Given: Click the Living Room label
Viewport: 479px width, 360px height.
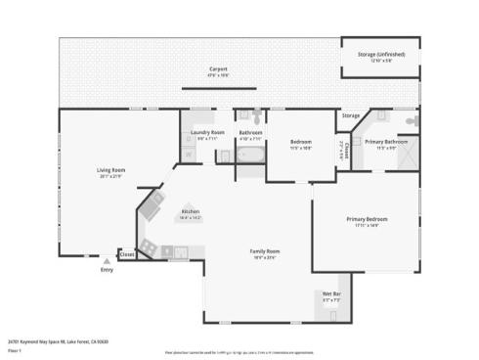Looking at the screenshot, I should [x=110, y=170].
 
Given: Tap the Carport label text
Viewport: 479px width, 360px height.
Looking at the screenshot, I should [x=218, y=68].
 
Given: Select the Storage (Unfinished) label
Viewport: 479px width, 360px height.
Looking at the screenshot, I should [x=380, y=54].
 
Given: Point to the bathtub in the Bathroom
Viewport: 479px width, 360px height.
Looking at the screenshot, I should [x=250, y=155].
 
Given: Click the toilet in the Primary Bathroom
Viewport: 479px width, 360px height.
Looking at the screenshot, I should [x=413, y=120].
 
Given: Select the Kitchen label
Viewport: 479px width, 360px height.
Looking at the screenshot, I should [x=191, y=211].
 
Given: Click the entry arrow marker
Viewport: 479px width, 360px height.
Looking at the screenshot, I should [x=107, y=261].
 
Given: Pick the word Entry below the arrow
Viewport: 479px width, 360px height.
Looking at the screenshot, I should [x=107, y=270].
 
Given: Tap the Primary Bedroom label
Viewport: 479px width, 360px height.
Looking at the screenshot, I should [x=367, y=219].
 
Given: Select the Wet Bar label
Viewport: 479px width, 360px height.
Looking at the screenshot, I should [x=331, y=294].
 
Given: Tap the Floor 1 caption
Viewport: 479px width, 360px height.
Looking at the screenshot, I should [x=14, y=350].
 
